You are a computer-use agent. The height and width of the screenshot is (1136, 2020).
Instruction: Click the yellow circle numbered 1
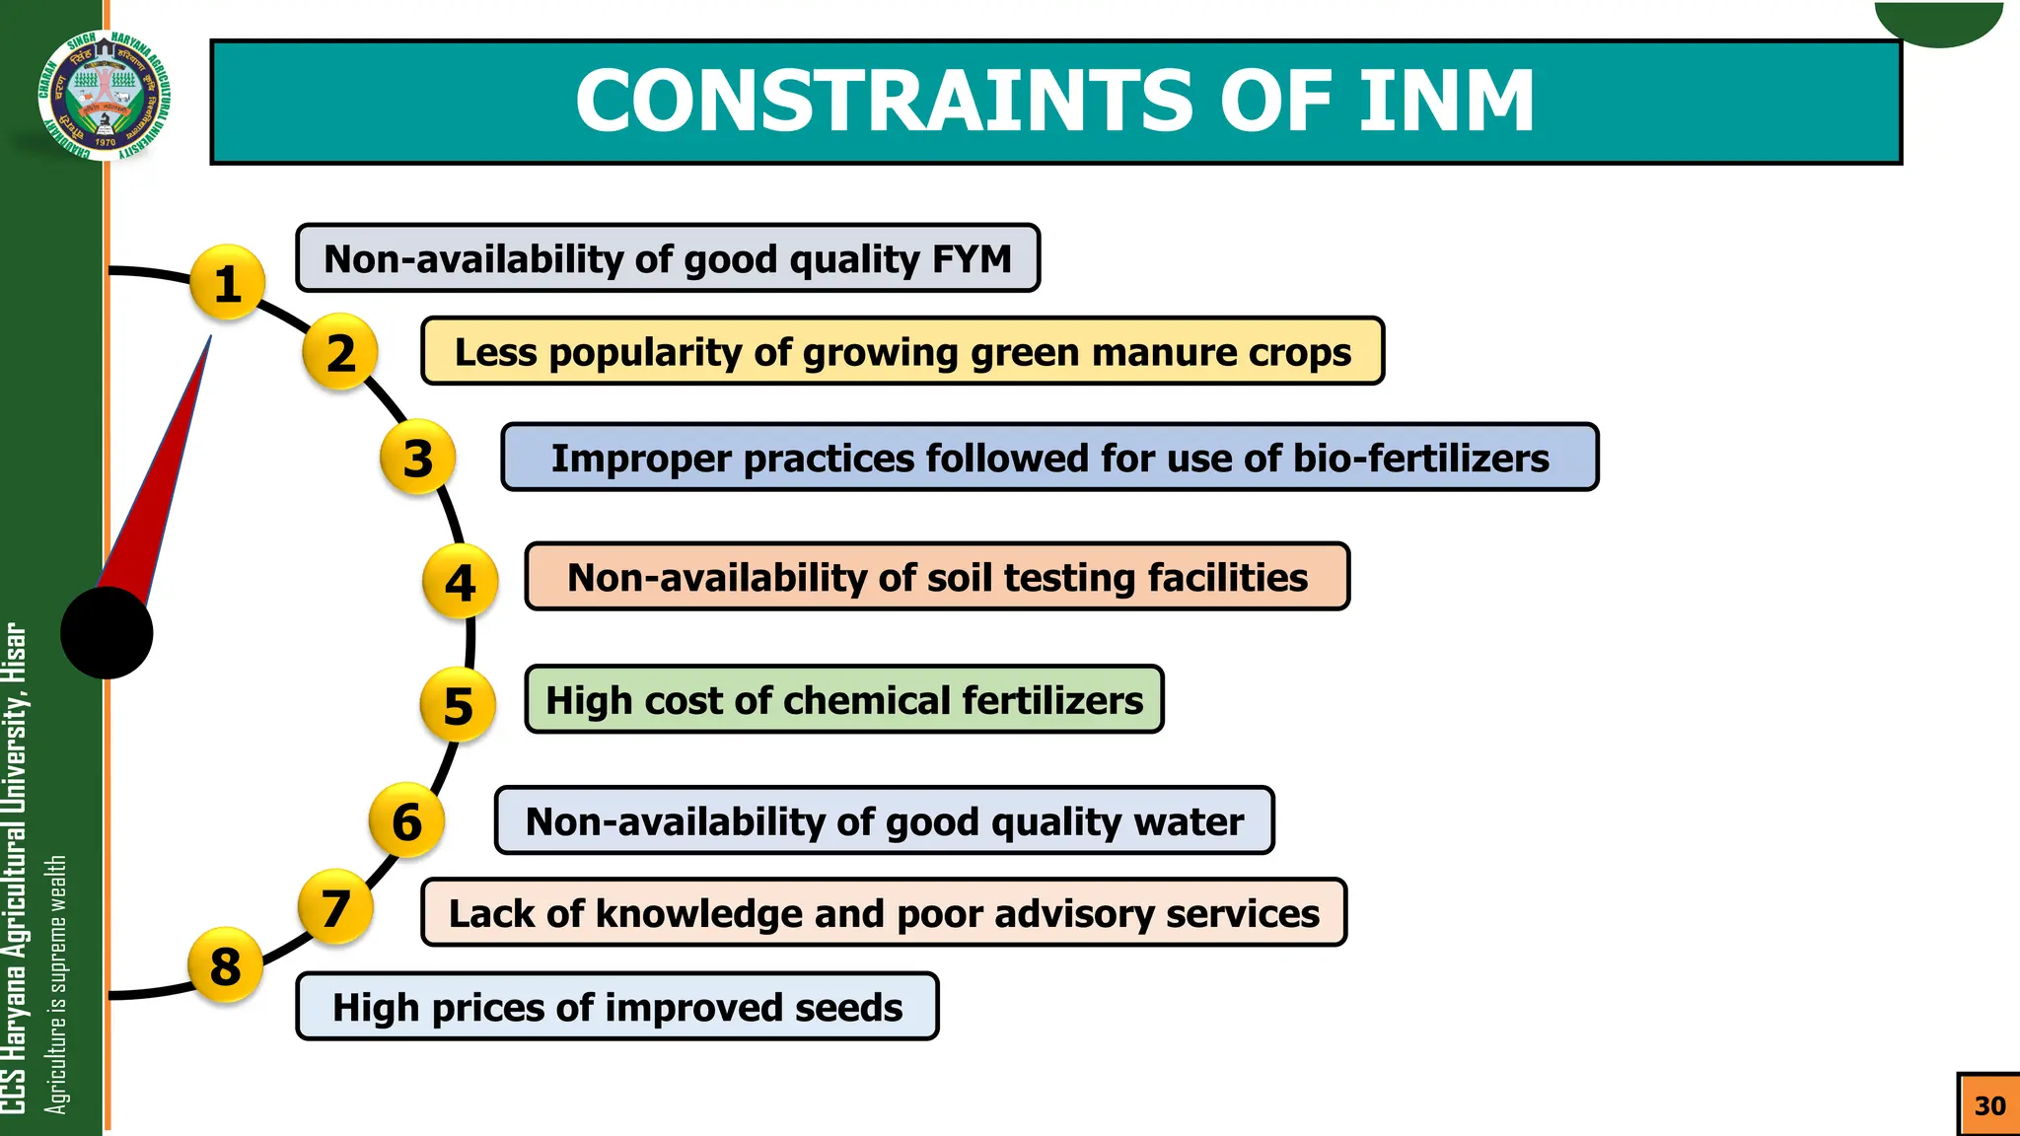tap(228, 283)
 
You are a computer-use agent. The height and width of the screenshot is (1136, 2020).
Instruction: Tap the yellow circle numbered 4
tap(460, 582)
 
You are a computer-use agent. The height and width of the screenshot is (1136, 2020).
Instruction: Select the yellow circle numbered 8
tap(226, 965)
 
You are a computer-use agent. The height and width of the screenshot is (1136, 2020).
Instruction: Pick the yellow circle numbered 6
tap(406, 820)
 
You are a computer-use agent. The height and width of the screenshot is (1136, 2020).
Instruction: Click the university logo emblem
tap(105, 95)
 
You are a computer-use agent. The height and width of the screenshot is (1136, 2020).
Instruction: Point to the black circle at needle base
tap(107, 632)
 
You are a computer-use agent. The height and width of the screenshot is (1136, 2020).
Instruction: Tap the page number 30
tap(1988, 1105)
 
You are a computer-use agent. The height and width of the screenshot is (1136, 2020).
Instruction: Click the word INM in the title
tap(1446, 102)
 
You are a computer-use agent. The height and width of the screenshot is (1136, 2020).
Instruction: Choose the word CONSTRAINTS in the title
tap(884, 102)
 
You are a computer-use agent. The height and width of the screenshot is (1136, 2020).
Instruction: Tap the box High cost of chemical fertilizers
tap(844, 699)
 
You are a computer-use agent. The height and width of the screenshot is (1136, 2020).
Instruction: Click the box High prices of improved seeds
tap(617, 1007)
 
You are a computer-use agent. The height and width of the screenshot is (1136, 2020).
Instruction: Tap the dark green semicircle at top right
tap(1938, 22)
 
